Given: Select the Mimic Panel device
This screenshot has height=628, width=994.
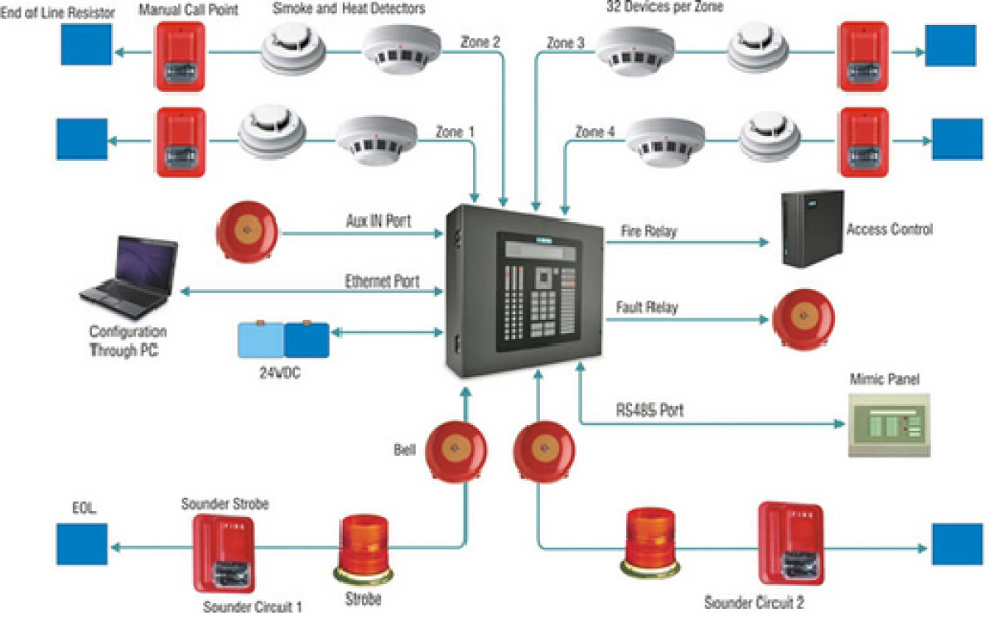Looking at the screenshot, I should [889, 425].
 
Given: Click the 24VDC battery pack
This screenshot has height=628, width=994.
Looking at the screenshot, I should [283, 340].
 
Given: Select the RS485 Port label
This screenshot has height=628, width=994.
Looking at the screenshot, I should [649, 409].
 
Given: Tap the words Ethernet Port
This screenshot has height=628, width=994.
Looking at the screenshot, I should [382, 281].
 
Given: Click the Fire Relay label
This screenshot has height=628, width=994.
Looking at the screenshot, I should [649, 232].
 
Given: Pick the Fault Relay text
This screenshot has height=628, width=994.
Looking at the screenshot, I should [647, 307].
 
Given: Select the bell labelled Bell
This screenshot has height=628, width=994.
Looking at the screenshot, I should [456, 451].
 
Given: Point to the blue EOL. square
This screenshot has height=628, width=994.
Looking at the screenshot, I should [82, 544].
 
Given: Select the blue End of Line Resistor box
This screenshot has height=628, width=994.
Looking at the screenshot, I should [86, 44].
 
